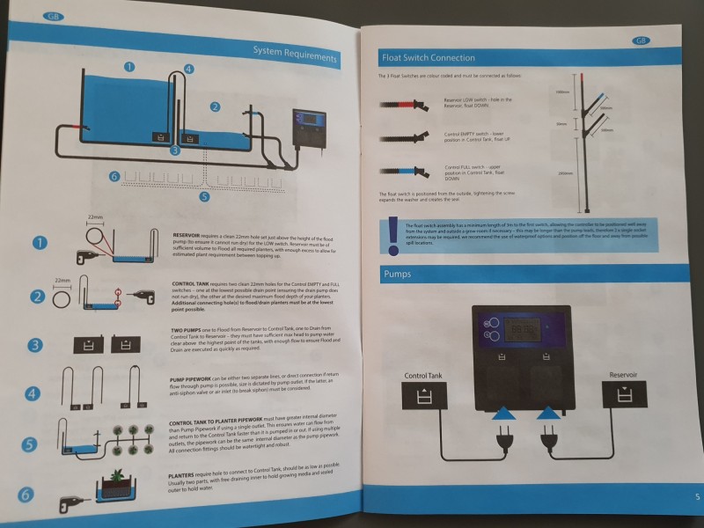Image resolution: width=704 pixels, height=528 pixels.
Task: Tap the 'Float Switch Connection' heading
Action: tap(428, 57)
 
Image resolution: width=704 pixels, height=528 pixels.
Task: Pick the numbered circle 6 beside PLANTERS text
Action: tap(27, 495)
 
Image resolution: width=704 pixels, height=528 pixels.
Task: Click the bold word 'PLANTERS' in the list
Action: tap(187, 474)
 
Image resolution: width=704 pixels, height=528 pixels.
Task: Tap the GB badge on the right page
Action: tap(640, 41)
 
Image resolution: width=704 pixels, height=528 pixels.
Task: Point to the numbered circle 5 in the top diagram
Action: tap(204, 196)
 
